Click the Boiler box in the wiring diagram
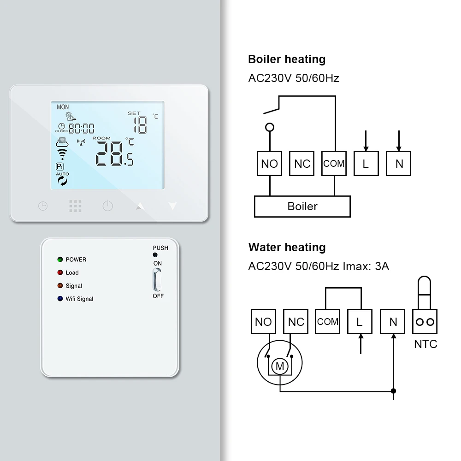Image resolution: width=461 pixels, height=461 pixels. click(x=302, y=206)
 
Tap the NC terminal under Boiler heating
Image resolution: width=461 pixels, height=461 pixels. click(x=302, y=164)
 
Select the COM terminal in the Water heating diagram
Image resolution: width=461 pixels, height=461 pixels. click(x=328, y=322)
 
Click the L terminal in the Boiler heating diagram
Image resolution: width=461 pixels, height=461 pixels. click(x=366, y=164)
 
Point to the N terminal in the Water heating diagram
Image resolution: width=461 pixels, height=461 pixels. click(x=393, y=322)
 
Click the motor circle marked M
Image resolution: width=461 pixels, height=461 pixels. click(x=279, y=366)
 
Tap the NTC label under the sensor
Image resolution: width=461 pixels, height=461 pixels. click(x=426, y=344)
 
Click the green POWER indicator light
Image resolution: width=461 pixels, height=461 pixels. click(x=60, y=260)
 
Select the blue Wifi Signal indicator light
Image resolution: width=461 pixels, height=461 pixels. click(x=60, y=299)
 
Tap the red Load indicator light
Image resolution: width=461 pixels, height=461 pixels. click(x=60, y=272)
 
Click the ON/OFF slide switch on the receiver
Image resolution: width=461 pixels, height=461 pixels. click(x=158, y=279)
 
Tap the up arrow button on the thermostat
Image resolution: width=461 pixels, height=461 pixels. click(x=140, y=206)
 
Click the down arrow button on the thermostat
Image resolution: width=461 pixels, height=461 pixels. click(x=173, y=206)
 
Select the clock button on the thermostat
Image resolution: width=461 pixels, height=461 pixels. click(x=43, y=206)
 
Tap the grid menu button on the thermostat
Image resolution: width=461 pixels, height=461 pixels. click(x=75, y=206)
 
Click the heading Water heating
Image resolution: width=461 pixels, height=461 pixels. click(x=287, y=248)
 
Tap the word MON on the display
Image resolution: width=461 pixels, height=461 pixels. click(x=63, y=107)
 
